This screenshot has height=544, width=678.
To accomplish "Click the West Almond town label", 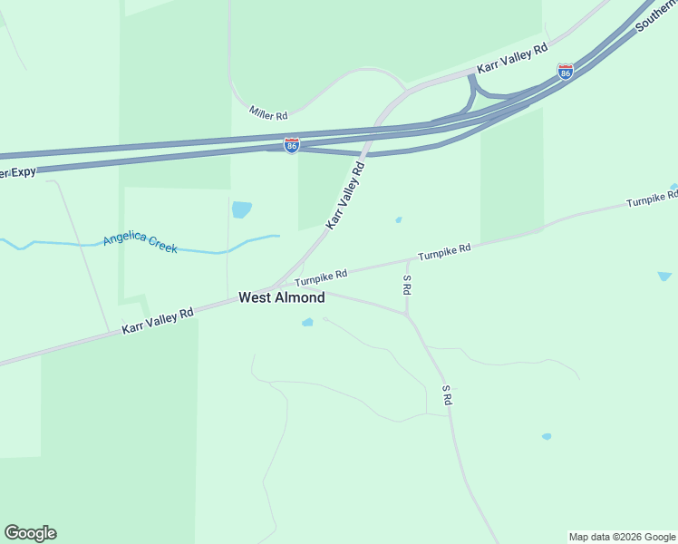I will pyautogui.click(x=281, y=297).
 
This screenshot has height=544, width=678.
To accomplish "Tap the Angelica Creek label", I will pyautogui.click(x=140, y=242).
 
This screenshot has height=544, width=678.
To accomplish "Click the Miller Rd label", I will pyautogui.click(x=268, y=115).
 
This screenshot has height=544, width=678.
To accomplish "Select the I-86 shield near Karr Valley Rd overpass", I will pyautogui.click(x=291, y=145).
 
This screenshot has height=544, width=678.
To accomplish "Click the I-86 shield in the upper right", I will pyautogui.click(x=565, y=72).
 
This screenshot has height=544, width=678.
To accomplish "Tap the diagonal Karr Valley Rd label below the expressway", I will pyautogui.click(x=345, y=194).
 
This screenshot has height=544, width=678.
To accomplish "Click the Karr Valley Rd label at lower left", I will pyautogui.click(x=158, y=322).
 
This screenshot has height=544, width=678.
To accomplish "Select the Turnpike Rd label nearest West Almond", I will pyautogui.click(x=321, y=276).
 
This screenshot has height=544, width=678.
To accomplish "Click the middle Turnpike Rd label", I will pyautogui.click(x=444, y=249).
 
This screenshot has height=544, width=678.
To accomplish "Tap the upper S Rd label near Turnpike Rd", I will pyautogui.click(x=408, y=284).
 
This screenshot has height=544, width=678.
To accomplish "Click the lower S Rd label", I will pyautogui.click(x=447, y=394).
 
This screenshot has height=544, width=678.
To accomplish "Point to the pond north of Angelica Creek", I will pyautogui.click(x=241, y=209).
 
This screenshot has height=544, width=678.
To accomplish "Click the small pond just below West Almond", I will pyautogui.click(x=307, y=322).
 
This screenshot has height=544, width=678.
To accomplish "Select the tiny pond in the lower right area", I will pyautogui.click(x=547, y=436).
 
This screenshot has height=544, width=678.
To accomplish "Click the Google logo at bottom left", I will pyautogui.click(x=30, y=533).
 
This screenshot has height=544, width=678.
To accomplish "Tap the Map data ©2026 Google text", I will pyautogui.click(x=622, y=537).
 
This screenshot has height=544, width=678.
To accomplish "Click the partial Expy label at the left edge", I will pyautogui.click(x=17, y=171).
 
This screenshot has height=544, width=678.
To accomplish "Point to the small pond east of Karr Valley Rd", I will pyautogui.click(x=398, y=219).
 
